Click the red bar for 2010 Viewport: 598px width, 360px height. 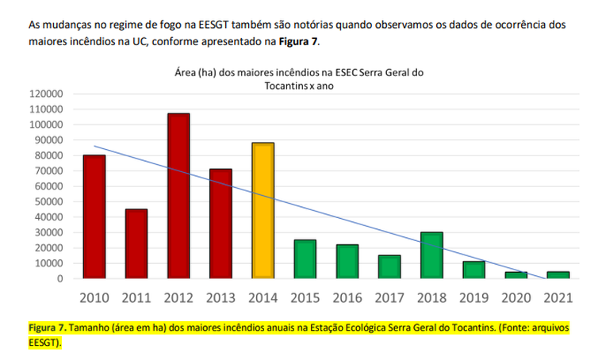click(94, 216)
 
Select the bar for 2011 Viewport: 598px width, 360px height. click(136, 243)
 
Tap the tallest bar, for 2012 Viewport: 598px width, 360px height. click(178, 196)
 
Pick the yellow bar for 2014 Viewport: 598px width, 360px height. click(263, 210)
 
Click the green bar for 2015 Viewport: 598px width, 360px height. click(305, 259)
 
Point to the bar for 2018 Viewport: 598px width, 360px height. click(431, 255)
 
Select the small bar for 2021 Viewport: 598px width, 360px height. click(557, 275)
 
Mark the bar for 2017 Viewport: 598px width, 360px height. click(389, 266)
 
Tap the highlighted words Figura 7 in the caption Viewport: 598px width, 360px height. click(47, 327)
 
